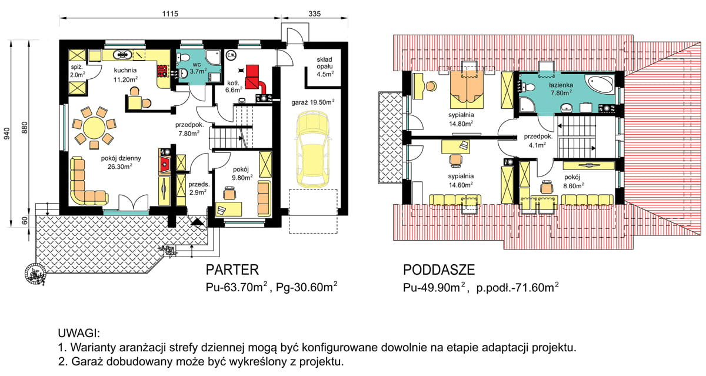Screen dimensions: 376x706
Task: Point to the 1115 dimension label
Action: coord(168,13)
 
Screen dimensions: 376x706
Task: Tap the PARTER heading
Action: coord(232,270)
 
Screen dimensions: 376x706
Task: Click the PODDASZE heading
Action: coord(438,270)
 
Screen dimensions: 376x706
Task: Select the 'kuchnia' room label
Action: coord(125,70)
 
